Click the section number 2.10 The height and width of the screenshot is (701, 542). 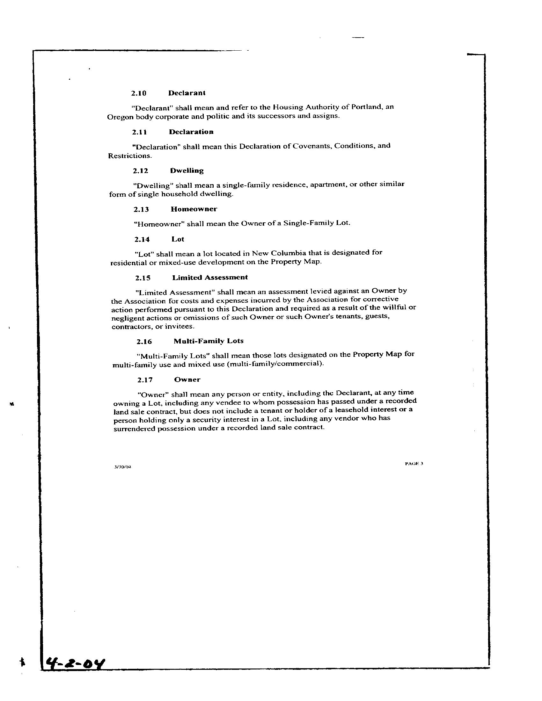(139, 93)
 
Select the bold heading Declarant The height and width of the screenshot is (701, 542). (187, 93)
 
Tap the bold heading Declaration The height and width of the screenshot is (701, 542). (191, 132)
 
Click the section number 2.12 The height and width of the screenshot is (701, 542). (140, 171)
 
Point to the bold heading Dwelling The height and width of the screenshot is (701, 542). (187, 171)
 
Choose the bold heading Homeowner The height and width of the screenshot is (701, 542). (194, 209)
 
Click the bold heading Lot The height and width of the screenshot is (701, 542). (178, 239)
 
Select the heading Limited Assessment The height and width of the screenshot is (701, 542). (210, 278)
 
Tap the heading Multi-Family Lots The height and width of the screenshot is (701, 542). (209, 341)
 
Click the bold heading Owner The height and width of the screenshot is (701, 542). (187, 380)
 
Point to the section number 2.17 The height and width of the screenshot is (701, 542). (145, 380)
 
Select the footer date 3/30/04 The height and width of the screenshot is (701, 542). (123, 467)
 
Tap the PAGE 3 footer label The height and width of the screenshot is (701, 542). (414, 464)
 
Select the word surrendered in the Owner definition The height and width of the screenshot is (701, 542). (134, 429)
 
